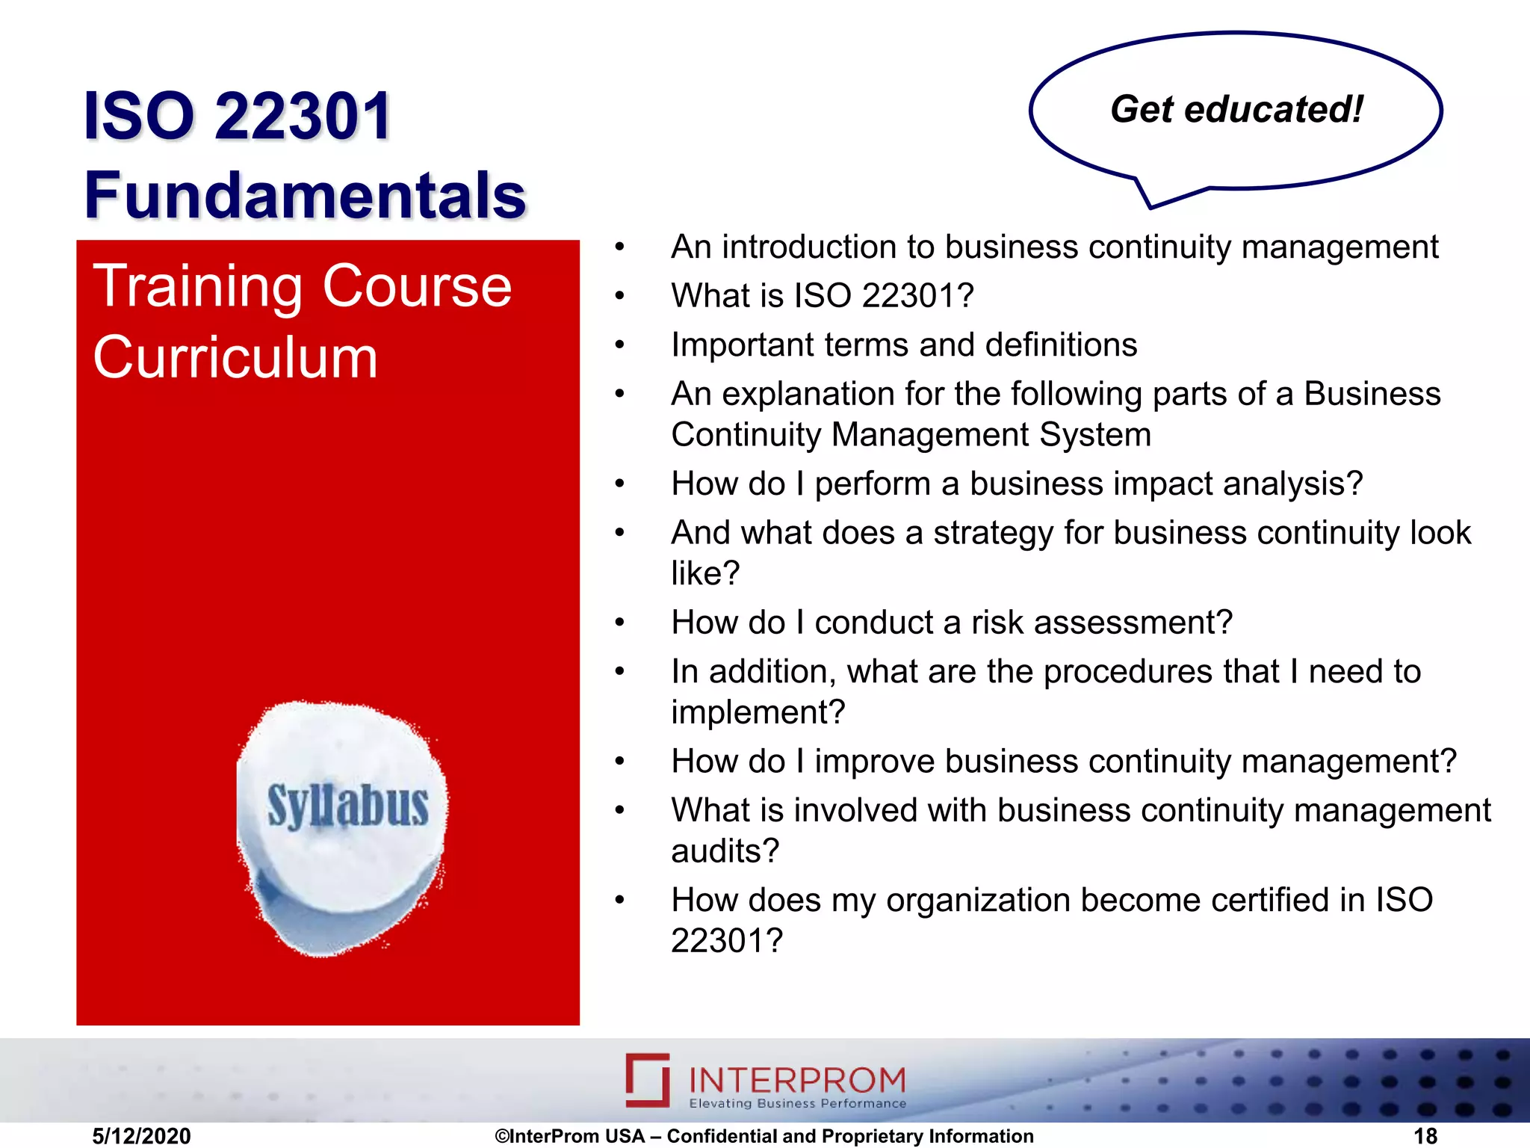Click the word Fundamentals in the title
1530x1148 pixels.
pyautogui.click(x=305, y=195)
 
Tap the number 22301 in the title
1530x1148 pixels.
pyautogui.click(x=303, y=116)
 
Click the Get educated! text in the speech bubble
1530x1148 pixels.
pyautogui.click(x=1236, y=110)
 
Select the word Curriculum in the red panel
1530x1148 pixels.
pyautogui.click(x=235, y=357)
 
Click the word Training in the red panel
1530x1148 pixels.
pyautogui.click(x=198, y=286)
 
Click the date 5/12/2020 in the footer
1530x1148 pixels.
pyautogui.click(x=141, y=1136)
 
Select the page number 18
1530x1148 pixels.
pyautogui.click(x=1425, y=1136)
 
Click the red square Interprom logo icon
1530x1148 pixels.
pyautogui.click(x=648, y=1080)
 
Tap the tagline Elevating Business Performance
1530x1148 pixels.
pyautogui.click(x=797, y=1104)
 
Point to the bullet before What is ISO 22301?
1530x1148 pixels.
pyautogui.click(x=619, y=296)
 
